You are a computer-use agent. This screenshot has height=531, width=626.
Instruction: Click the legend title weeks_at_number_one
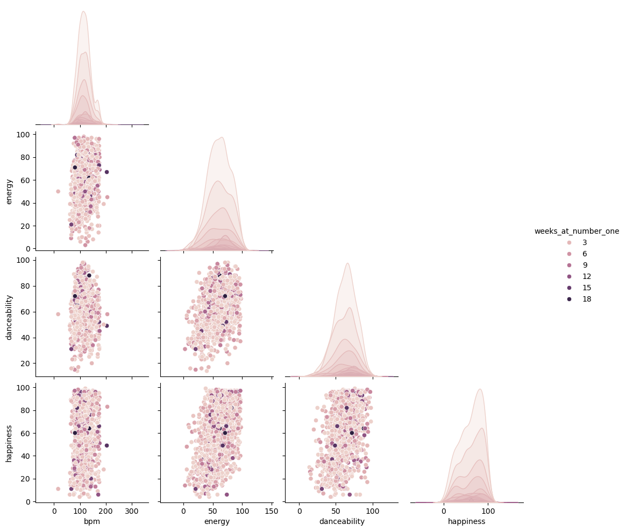pyautogui.click(x=577, y=231)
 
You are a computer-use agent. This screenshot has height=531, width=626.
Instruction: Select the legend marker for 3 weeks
pyautogui.click(x=545, y=242)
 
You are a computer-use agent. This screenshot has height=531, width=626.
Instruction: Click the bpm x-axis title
pyautogui.click(x=92, y=521)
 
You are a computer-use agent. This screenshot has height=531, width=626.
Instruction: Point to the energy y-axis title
pyautogui.click(x=9, y=192)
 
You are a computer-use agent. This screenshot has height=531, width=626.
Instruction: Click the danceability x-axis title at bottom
pyautogui.click(x=342, y=521)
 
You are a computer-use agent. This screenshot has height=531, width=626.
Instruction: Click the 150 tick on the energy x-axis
pyautogui.click(x=271, y=511)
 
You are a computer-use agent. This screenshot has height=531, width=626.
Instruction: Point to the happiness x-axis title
pyautogui.click(x=467, y=521)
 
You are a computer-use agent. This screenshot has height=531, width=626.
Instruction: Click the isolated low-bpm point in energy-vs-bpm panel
pyautogui.click(x=58, y=191)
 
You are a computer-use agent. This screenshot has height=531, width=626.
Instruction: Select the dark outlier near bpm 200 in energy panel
pyautogui.click(x=106, y=172)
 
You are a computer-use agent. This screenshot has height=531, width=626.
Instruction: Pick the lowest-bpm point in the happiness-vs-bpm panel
pyautogui.click(x=58, y=489)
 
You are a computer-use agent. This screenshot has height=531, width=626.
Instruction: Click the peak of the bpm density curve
pyautogui.click(x=83, y=12)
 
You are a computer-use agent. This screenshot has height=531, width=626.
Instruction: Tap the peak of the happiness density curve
pyautogui.click(x=480, y=389)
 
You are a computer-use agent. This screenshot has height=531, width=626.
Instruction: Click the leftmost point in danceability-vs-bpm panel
pyautogui.click(x=58, y=314)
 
